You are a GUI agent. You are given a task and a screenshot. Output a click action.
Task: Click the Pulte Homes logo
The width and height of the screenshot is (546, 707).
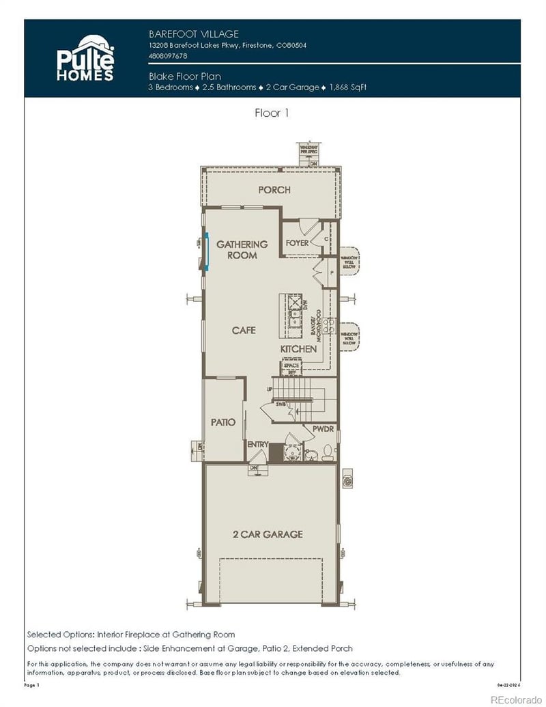click(x=85, y=59)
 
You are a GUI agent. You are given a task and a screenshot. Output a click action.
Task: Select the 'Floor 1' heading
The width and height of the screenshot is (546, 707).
click(x=272, y=113)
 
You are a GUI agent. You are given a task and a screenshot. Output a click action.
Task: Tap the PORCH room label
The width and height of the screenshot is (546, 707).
click(x=274, y=190)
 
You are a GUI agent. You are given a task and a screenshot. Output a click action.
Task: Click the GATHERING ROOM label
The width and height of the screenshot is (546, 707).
click(x=242, y=249)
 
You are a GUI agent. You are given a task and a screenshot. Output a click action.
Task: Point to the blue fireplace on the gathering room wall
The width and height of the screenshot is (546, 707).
click(x=206, y=252)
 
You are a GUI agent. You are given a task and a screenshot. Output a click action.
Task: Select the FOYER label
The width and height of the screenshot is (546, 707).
click(x=297, y=243)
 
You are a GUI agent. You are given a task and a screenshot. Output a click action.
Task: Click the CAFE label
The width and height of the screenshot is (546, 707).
click(x=244, y=330)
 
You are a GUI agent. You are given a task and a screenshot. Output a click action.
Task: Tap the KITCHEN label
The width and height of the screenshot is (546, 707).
click(x=298, y=349)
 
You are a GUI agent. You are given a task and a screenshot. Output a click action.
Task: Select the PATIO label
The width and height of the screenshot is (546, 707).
click(x=222, y=422)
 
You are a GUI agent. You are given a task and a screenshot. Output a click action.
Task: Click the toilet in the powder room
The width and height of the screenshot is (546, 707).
click(x=327, y=451)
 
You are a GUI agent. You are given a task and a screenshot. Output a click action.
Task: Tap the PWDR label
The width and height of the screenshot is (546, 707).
click(x=322, y=429)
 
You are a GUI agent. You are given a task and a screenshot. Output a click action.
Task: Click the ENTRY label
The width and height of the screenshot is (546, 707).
click(x=257, y=445)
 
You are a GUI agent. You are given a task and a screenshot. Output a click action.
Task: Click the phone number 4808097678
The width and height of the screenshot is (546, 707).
click(x=168, y=56)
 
